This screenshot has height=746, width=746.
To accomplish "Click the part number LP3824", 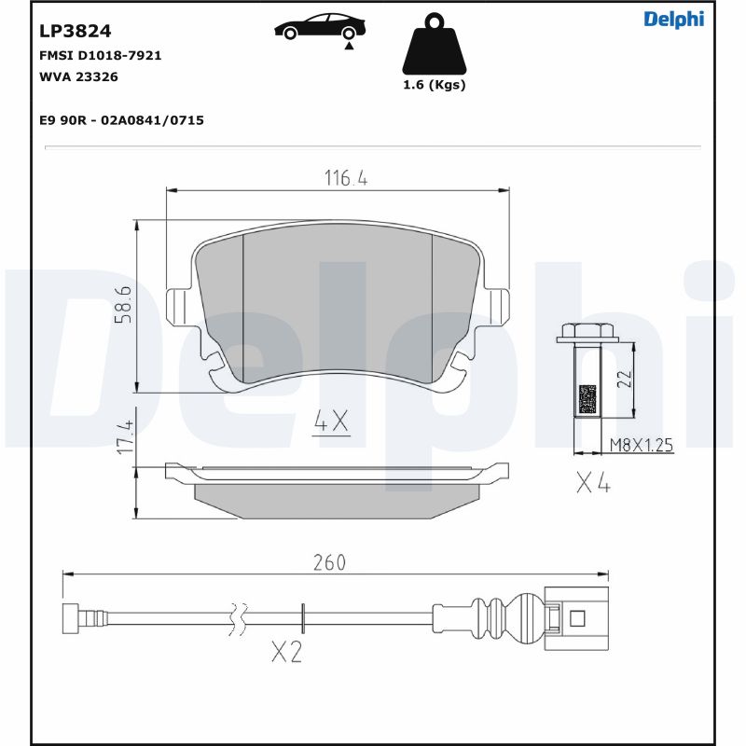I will (75, 31).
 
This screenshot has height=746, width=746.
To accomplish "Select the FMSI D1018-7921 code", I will (101, 56).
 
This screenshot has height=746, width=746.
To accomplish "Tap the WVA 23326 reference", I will (78, 76).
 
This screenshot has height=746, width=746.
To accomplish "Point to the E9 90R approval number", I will (121, 120).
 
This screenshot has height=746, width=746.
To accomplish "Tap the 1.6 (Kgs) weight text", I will (434, 85).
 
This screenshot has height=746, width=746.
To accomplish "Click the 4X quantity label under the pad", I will (331, 422).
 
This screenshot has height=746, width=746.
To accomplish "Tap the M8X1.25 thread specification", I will (641, 446).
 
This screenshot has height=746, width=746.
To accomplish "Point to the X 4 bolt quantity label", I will (592, 484).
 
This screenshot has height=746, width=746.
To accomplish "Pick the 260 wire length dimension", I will (329, 562).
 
